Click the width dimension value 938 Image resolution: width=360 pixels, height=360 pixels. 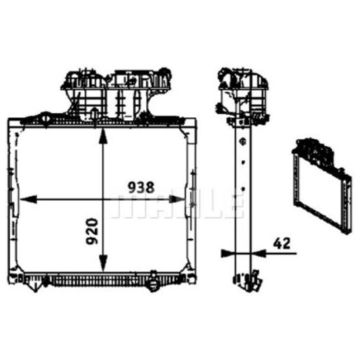tap(141, 187)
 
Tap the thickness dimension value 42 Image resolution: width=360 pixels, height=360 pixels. tap(282, 243)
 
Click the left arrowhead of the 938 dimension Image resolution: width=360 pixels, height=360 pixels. tap(28, 199)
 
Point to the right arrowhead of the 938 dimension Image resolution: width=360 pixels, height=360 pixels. tap(177, 199)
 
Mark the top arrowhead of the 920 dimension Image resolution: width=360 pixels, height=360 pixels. tap(103, 136)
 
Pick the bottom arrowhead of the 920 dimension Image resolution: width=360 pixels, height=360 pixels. tap(103, 263)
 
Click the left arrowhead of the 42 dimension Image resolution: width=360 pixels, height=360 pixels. tap(228, 253)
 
